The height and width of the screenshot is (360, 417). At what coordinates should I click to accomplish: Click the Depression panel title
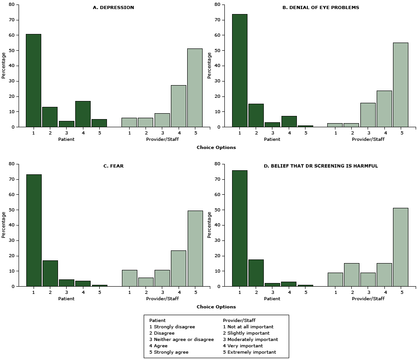point(113,7)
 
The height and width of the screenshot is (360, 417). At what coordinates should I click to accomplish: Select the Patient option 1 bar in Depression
point(34,81)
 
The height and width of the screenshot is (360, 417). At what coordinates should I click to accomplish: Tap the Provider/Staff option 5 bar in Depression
point(195,88)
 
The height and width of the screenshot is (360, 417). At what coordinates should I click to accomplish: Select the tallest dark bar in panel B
point(240,71)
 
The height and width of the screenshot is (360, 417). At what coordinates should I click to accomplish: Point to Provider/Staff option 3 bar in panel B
point(368,115)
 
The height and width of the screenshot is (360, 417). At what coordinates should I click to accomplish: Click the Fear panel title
point(113,166)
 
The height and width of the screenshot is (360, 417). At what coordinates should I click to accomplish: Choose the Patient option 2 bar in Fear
point(50,274)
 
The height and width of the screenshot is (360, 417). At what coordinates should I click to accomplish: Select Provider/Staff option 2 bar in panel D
point(352,275)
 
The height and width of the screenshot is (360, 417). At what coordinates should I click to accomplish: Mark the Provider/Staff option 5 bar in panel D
point(401,247)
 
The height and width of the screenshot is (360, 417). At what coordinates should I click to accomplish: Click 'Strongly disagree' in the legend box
point(175,326)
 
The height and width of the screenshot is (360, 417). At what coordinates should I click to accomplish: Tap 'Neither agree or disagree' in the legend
point(184,339)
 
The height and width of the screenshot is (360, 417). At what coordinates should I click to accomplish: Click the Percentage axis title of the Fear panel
point(4,225)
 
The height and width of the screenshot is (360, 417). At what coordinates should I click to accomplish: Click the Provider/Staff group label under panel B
point(368,139)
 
